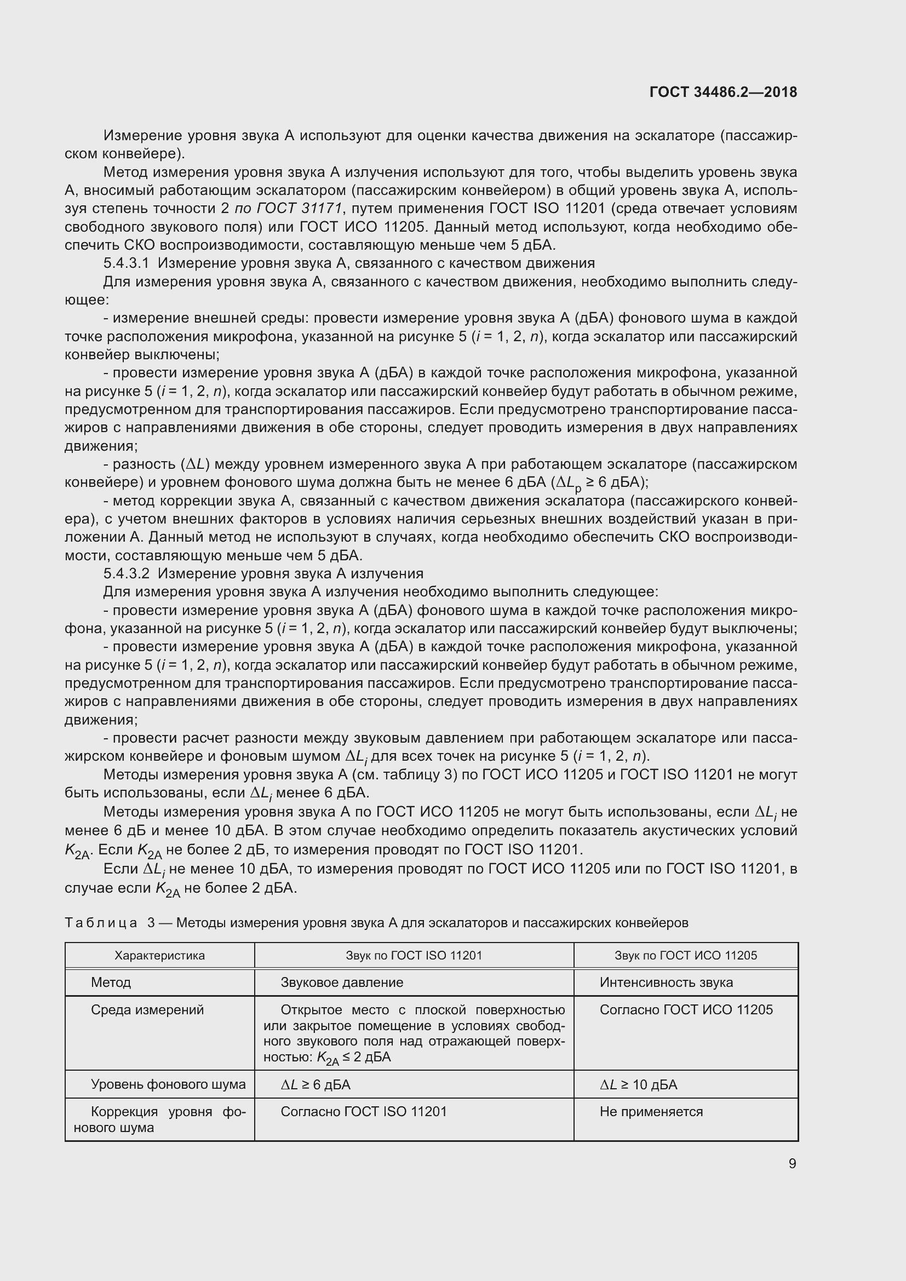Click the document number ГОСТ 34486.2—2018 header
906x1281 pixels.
pyautogui.click(x=723, y=92)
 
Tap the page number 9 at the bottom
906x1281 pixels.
pyautogui.click(x=792, y=1163)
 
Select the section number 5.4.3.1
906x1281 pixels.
pyautogui.click(x=127, y=263)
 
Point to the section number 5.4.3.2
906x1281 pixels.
pyautogui.click(x=127, y=573)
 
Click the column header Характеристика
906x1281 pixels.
pyautogui.click(x=159, y=955)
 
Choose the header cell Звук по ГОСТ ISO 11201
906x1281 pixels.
pyautogui.click(x=414, y=955)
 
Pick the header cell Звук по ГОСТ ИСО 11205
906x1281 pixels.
pyautogui.click(x=686, y=955)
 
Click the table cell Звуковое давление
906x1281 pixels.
pyautogui.click(x=342, y=983)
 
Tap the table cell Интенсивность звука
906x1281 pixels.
pyautogui.click(x=666, y=983)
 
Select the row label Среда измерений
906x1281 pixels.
pyautogui.click(x=147, y=1010)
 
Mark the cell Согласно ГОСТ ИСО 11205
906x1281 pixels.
pyautogui.click(x=686, y=1010)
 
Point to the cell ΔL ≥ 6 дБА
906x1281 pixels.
pyautogui.click(x=316, y=1084)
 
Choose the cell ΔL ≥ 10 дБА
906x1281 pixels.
pyautogui.click(x=638, y=1084)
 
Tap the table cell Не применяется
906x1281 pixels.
pyautogui.click(x=651, y=1112)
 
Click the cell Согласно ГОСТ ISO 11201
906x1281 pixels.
pyautogui.click(x=364, y=1112)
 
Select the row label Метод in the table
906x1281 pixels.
pyautogui.click(x=111, y=983)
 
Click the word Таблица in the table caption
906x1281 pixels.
pyautogui.click(x=101, y=923)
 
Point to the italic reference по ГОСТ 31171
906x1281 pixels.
pyautogui.click(x=288, y=209)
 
